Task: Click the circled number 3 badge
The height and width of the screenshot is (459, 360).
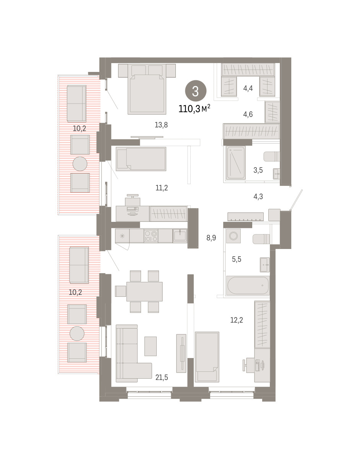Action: click(195, 91)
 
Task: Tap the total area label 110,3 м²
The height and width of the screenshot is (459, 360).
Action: click(195, 109)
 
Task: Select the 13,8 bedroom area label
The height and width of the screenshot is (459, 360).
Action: click(161, 125)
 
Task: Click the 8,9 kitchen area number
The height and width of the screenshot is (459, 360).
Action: click(211, 238)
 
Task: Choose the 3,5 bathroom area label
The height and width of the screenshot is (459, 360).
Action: click(258, 170)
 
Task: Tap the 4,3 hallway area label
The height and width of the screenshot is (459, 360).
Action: click(258, 197)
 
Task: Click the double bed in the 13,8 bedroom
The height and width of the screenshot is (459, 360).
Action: click(147, 89)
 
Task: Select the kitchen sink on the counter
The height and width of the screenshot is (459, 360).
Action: click(180, 236)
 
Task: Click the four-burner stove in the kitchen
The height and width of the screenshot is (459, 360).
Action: click(151, 236)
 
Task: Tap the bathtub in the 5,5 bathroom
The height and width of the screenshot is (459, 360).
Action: click(248, 285)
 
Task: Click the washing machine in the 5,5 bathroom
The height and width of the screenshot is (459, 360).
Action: click(234, 236)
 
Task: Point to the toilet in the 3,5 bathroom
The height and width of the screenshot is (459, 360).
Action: click(272, 156)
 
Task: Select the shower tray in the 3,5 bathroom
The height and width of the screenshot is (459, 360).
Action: click(236, 163)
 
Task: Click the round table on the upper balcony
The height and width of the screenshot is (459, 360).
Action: click(80, 164)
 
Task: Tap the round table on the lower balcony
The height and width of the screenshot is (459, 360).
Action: click(77, 333)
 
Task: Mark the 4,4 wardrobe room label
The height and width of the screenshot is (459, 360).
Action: click(248, 88)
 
